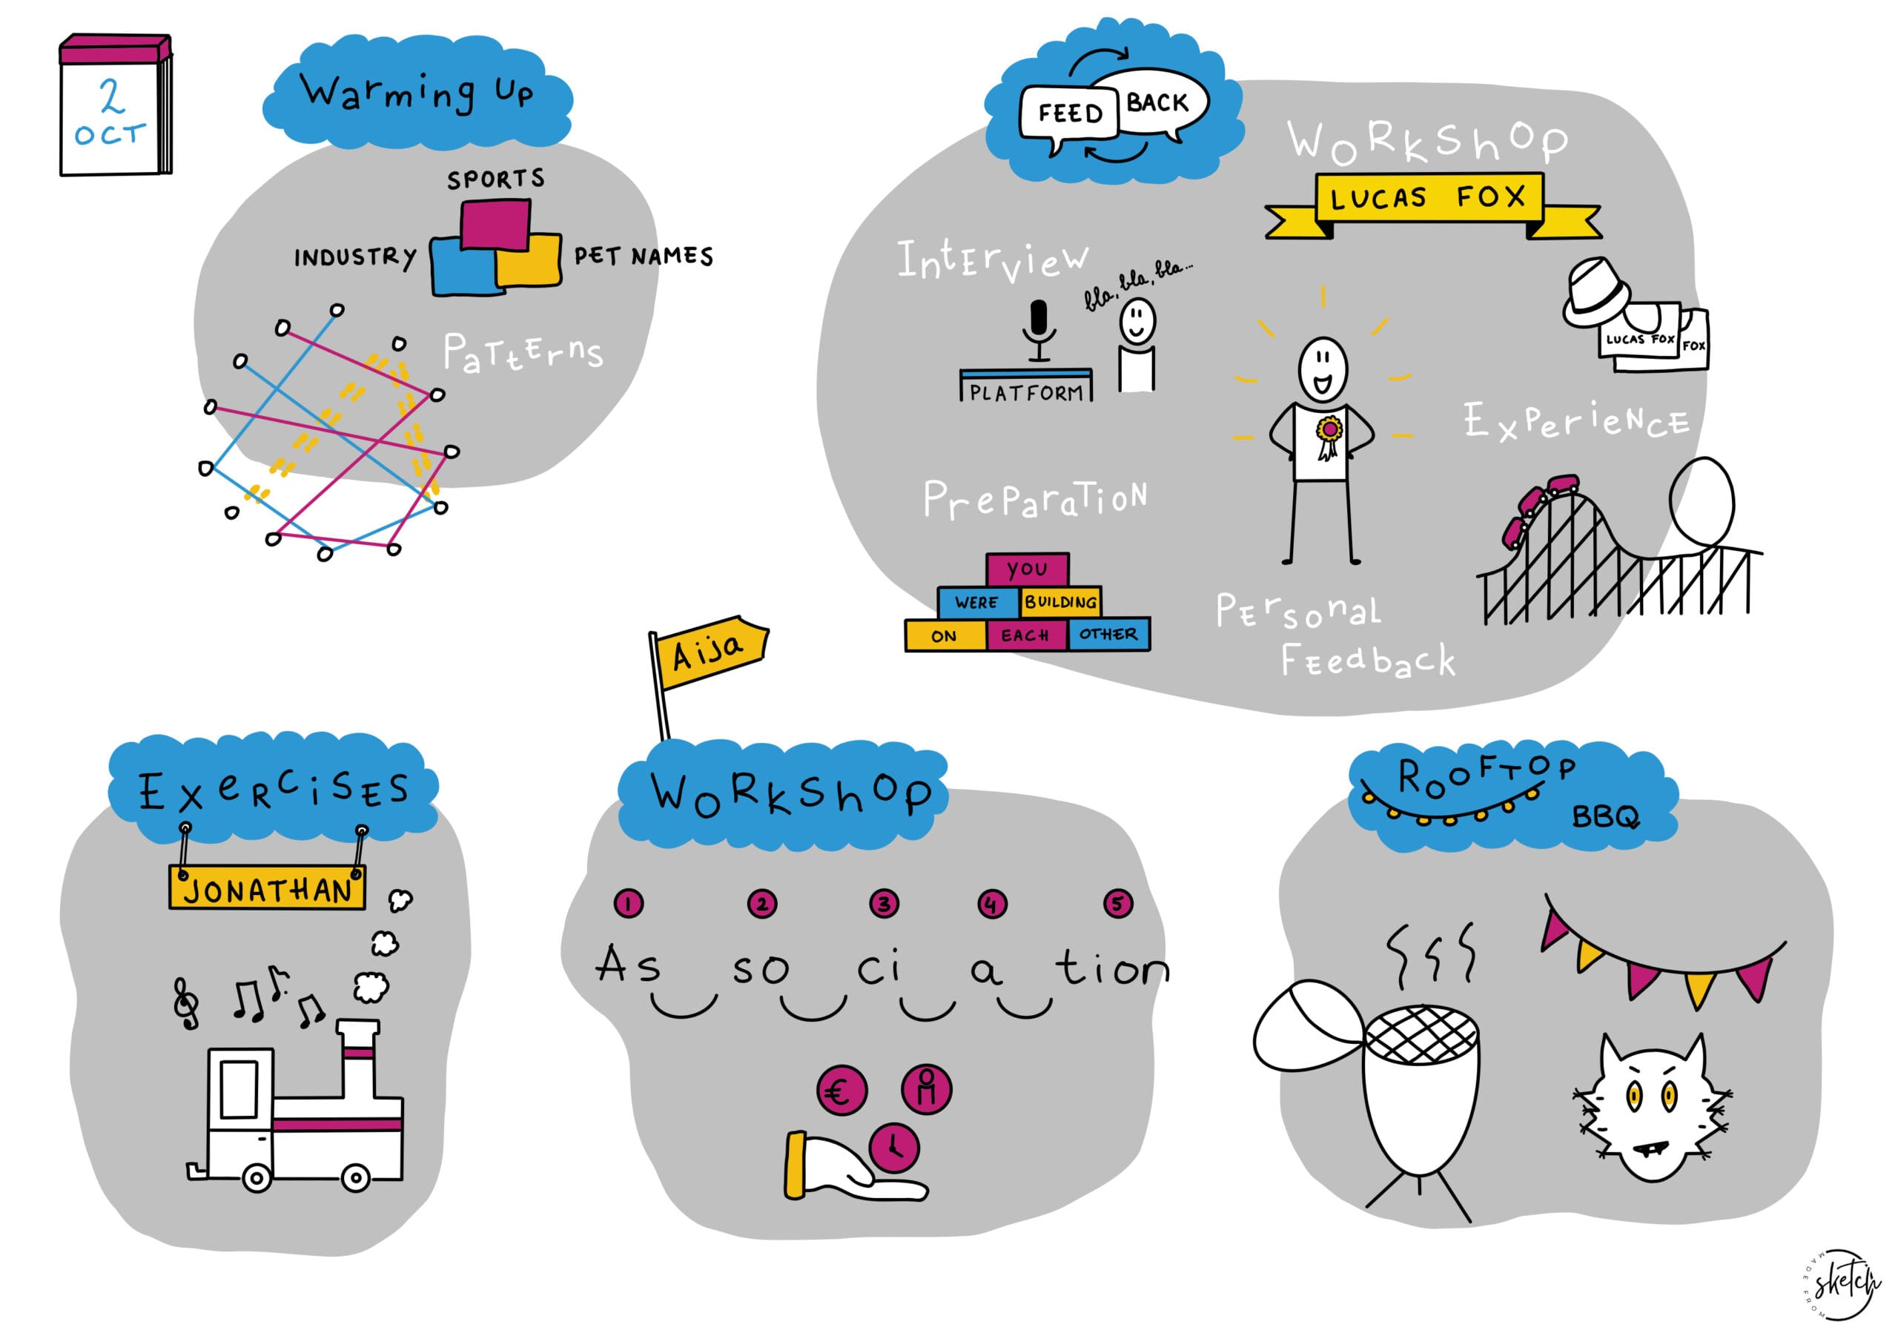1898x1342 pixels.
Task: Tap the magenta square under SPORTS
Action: click(495, 224)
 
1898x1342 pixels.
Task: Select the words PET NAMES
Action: click(643, 257)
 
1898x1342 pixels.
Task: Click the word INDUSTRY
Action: click(355, 257)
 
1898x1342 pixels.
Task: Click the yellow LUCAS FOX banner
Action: click(1429, 198)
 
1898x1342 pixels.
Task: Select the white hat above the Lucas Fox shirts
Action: click(1596, 292)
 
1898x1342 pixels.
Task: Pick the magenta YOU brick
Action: click(1028, 569)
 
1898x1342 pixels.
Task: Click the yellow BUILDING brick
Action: click(1061, 602)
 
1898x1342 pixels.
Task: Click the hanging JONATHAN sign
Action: click(267, 890)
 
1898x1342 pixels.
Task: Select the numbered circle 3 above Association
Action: click(884, 904)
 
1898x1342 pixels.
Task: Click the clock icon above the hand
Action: click(893, 1147)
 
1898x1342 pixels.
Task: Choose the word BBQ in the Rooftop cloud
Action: click(1605, 817)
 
